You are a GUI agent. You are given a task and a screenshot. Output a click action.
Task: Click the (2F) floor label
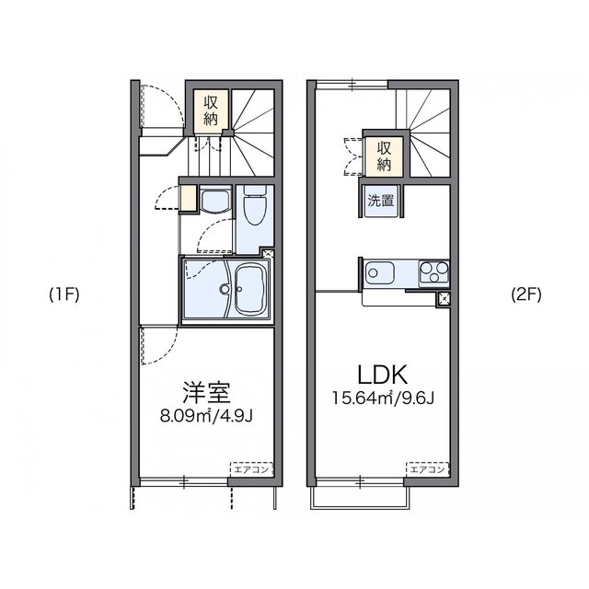tap(526, 295)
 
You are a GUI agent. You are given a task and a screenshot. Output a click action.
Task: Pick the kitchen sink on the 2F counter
tap(380, 273)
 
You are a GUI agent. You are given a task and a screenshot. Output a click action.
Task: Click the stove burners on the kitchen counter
tap(433, 272)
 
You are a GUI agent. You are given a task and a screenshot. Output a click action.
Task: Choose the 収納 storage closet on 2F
tap(385, 156)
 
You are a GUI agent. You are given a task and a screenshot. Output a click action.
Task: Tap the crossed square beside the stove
tap(442, 297)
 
